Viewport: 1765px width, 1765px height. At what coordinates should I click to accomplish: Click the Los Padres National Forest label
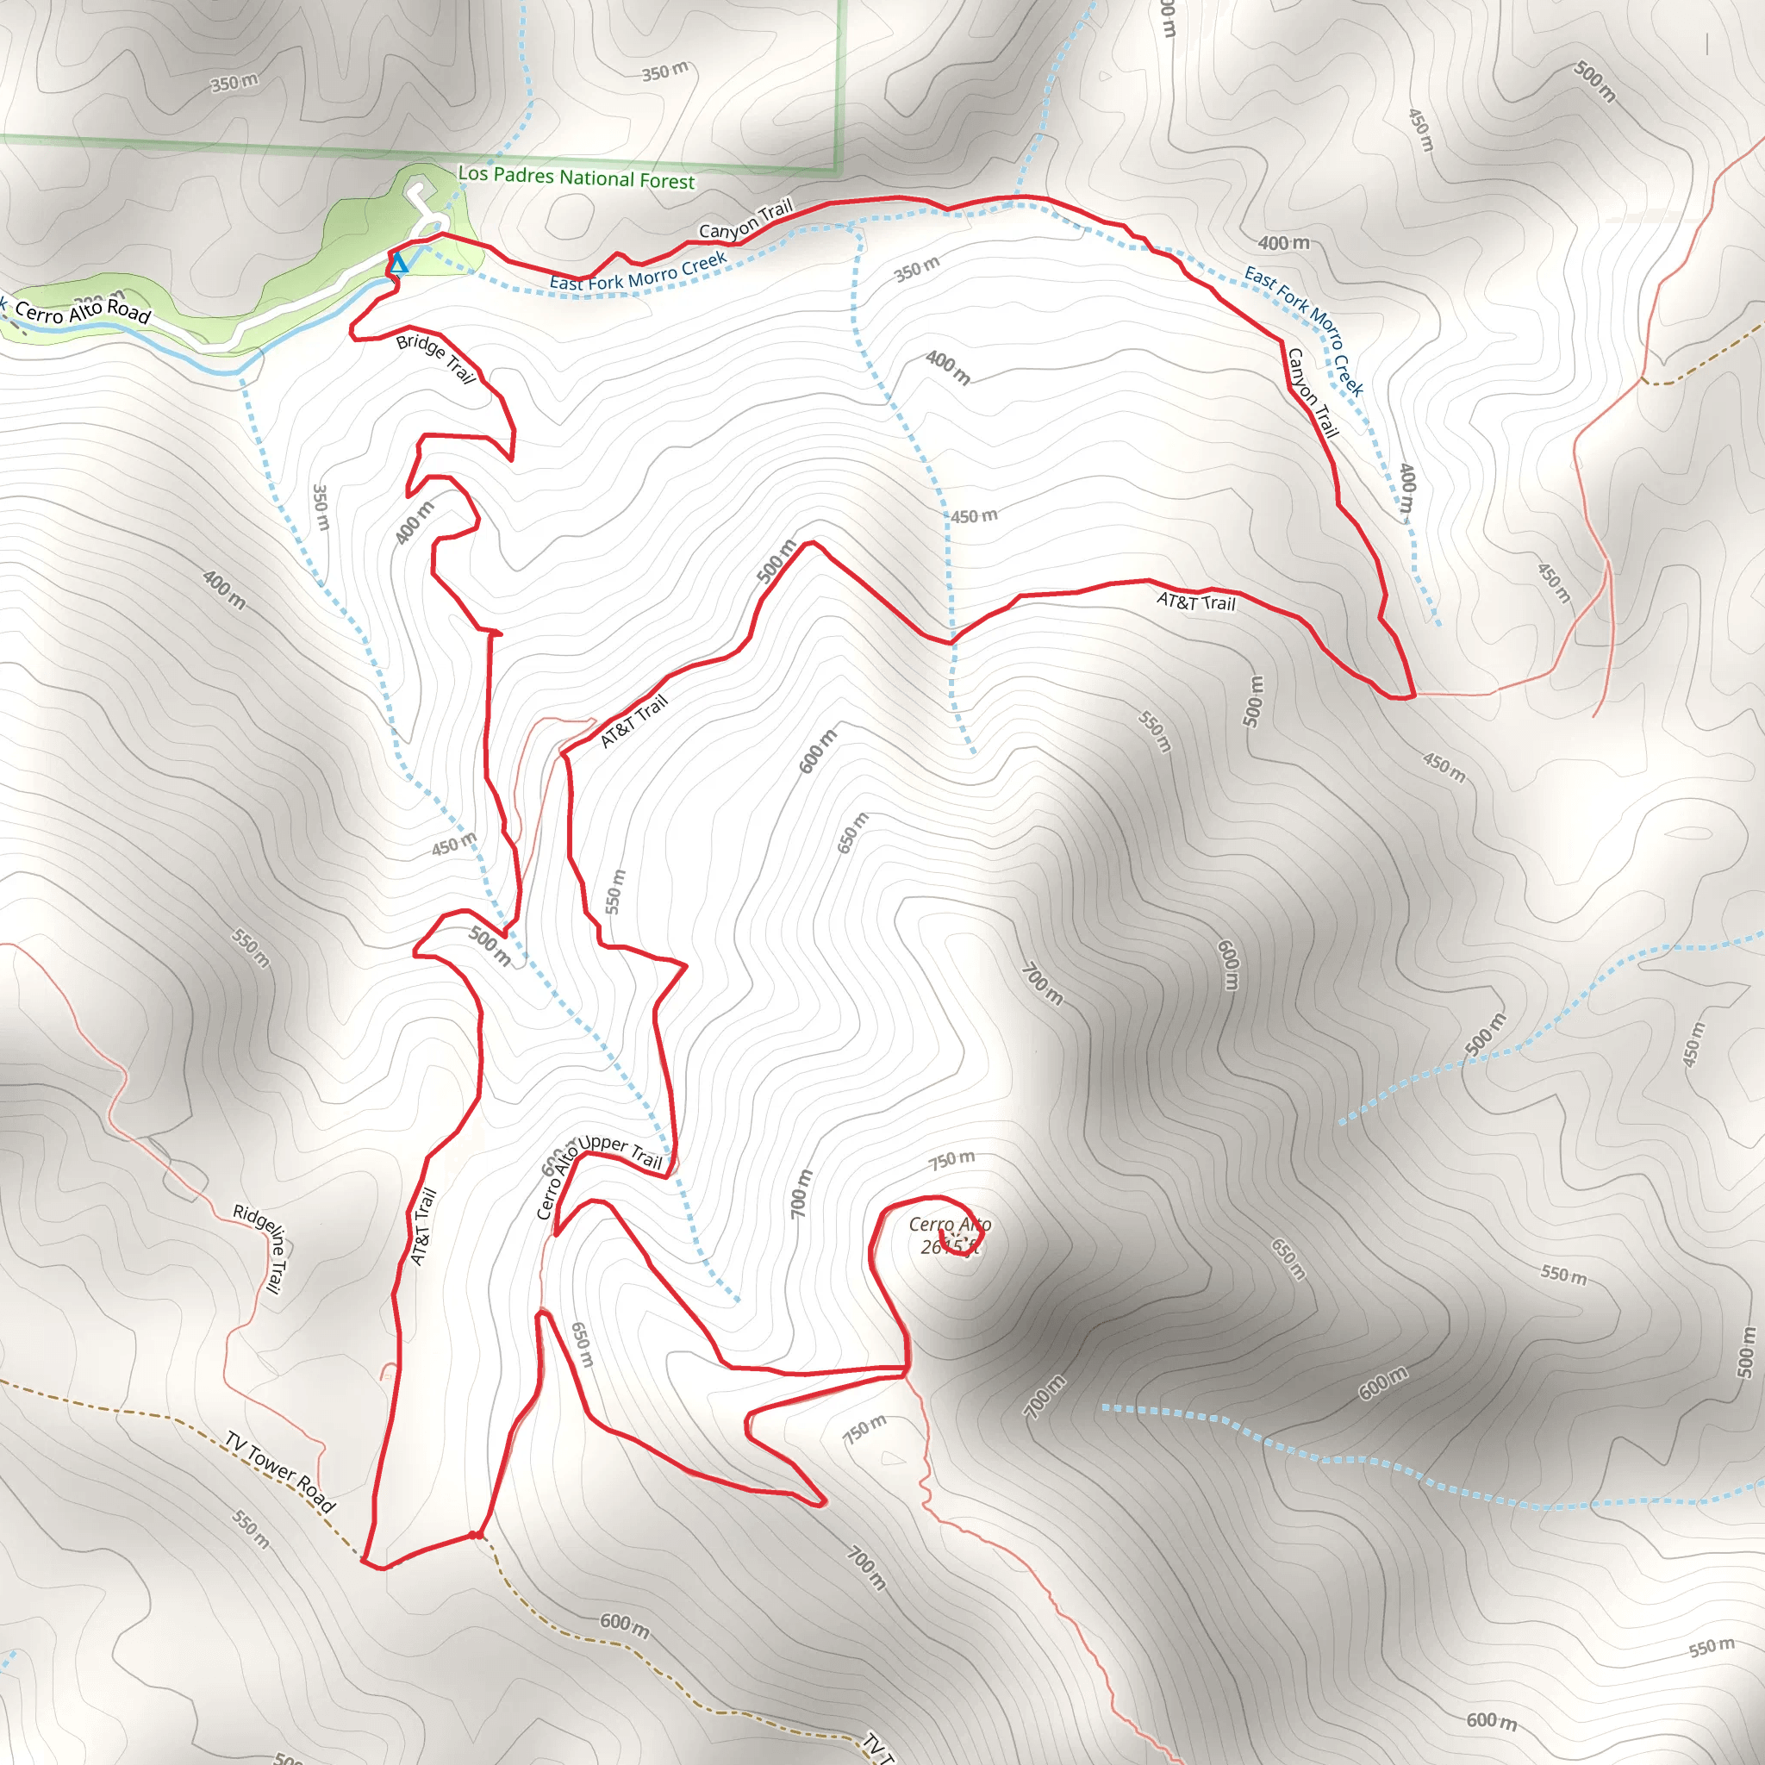(x=576, y=177)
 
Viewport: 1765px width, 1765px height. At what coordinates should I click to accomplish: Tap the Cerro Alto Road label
(x=82, y=311)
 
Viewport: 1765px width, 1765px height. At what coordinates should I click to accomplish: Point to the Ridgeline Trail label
(x=261, y=1247)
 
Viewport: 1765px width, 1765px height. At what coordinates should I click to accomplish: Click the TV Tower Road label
(x=280, y=1472)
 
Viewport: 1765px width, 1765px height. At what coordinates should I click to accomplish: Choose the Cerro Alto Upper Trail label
(x=598, y=1172)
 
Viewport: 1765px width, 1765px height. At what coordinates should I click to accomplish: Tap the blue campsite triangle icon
(x=399, y=265)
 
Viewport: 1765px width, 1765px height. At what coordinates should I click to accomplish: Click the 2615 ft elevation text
(x=950, y=1247)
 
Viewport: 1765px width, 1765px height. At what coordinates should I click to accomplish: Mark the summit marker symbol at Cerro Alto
(x=952, y=1236)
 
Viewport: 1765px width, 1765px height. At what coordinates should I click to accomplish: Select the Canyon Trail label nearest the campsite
(x=745, y=219)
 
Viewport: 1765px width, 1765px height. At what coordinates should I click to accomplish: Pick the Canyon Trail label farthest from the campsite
(x=1312, y=392)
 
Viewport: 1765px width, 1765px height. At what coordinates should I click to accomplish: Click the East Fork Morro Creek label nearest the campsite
(x=638, y=272)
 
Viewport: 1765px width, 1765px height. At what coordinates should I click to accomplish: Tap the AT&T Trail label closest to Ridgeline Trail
(x=423, y=1226)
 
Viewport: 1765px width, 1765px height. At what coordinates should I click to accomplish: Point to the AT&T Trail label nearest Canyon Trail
(x=1195, y=602)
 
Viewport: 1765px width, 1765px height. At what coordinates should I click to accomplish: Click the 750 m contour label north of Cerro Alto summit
(x=952, y=1159)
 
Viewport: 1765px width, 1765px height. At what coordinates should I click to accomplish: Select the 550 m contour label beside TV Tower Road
(x=250, y=1530)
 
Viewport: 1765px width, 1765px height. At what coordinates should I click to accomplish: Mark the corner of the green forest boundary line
(x=838, y=171)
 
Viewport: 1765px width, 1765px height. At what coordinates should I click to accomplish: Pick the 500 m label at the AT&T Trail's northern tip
(x=776, y=561)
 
